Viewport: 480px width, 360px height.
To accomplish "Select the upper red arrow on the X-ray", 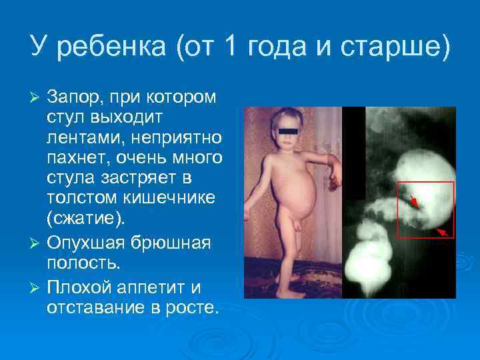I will coord(414,199).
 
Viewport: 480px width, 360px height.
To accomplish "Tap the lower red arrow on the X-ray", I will coord(441,231).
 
